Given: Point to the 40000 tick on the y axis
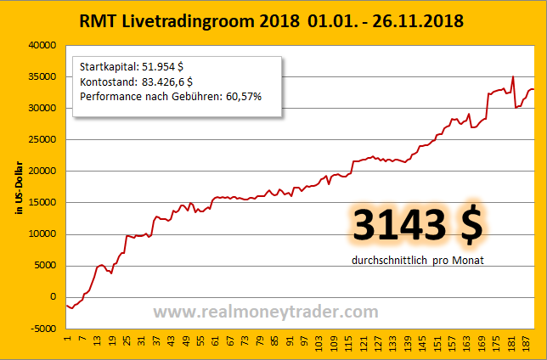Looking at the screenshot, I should [x=41, y=45].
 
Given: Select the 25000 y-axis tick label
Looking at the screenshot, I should [x=41, y=139].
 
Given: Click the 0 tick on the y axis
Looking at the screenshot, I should [x=52, y=296].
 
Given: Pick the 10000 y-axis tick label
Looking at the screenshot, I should [x=41, y=233].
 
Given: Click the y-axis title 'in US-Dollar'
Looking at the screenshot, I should [x=18, y=187].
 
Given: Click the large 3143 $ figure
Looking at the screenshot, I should [x=417, y=225].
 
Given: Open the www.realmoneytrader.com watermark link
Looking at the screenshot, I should [x=266, y=312].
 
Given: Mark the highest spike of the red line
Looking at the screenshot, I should [x=513, y=76].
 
